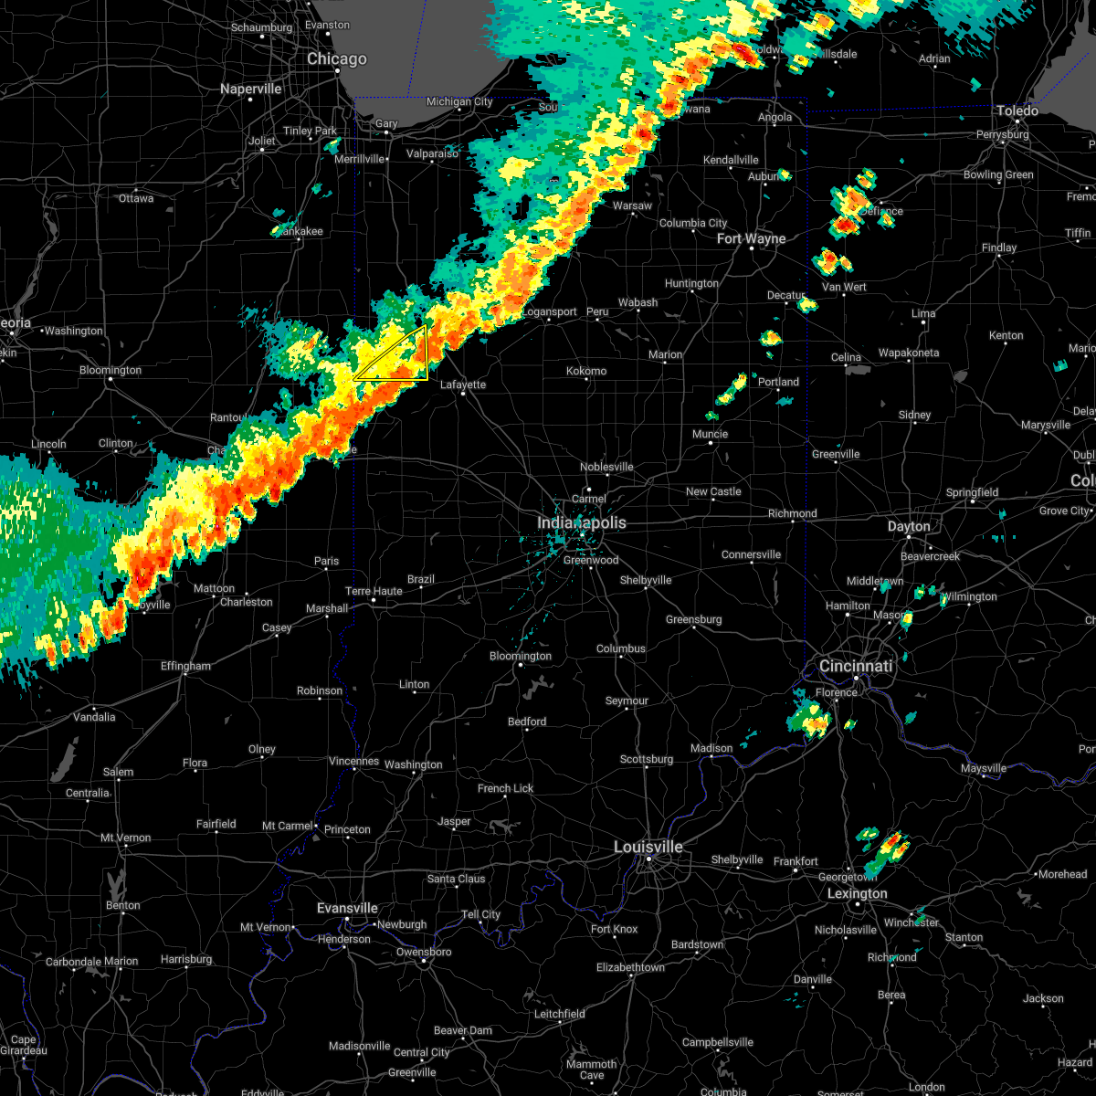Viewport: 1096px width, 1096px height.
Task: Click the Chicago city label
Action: [x=337, y=59]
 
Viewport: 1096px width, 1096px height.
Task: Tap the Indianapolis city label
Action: [x=582, y=523]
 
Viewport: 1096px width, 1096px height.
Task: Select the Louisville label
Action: [x=648, y=848]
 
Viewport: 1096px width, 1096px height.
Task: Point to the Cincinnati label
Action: [x=856, y=667]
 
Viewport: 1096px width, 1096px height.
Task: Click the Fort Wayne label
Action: [x=751, y=239]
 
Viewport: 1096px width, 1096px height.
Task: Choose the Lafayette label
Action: [x=463, y=385]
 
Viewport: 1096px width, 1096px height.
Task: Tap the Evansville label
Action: [x=347, y=909]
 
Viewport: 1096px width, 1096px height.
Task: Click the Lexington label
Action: [x=857, y=894]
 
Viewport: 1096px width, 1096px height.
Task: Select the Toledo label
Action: [x=1017, y=111]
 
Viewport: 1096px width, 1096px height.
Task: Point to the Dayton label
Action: [x=909, y=527]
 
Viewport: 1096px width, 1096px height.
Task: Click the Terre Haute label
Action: [x=374, y=592]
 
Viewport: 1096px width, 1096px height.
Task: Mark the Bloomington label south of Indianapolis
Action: [x=521, y=657]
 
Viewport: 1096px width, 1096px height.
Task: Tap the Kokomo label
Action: [x=586, y=372]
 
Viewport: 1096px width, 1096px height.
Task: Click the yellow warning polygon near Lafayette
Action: [x=402, y=361]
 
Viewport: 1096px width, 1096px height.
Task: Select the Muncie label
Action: [x=710, y=435]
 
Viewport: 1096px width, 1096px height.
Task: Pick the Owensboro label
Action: [x=424, y=953]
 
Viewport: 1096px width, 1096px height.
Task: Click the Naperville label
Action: [x=251, y=90]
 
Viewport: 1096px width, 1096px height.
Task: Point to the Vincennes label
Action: [x=353, y=762]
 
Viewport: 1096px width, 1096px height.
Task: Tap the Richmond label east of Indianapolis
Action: [x=792, y=514]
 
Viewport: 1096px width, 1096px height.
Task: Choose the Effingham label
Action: [x=185, y=667]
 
